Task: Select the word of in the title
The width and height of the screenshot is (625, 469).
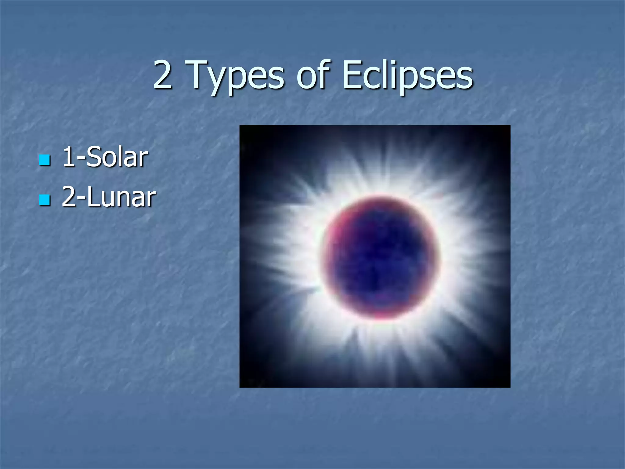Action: tap(313, 75)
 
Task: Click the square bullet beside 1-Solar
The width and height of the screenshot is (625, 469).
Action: tap(45, 160)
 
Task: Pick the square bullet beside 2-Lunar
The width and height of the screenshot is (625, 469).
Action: tap(45, 200)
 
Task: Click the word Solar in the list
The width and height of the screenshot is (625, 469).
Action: tap(117, 157)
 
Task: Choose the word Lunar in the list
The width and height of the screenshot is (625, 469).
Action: tap(121, 197)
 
